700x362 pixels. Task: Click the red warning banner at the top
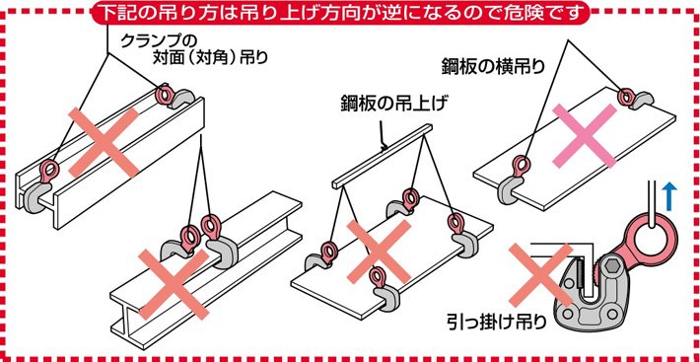click(x=350, y=13)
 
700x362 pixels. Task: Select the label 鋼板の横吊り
click(x=490, y=67)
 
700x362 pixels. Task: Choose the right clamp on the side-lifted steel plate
click(x=628, y=99)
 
